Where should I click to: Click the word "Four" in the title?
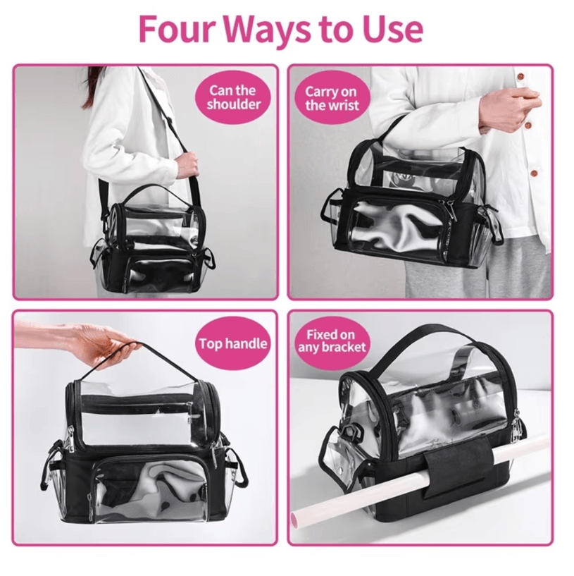coord(177,29)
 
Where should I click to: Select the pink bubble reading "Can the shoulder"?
coord(233,97)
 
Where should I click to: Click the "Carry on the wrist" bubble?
coord(332,98)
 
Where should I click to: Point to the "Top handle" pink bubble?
coord(233,343)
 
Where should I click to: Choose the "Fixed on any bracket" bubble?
coord(332,341)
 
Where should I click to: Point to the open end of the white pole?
coord(294,519)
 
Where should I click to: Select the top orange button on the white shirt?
coord(520,78)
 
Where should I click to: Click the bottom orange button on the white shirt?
coord(535,173)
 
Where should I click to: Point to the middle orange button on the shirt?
coord(528,125)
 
